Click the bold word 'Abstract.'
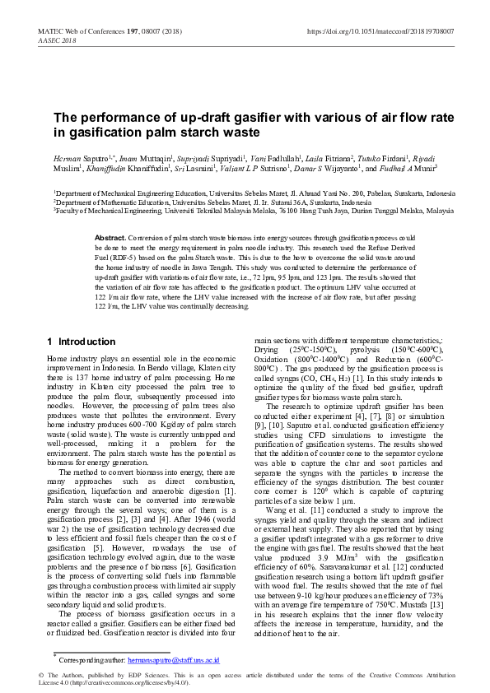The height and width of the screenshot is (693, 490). (110, 236)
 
